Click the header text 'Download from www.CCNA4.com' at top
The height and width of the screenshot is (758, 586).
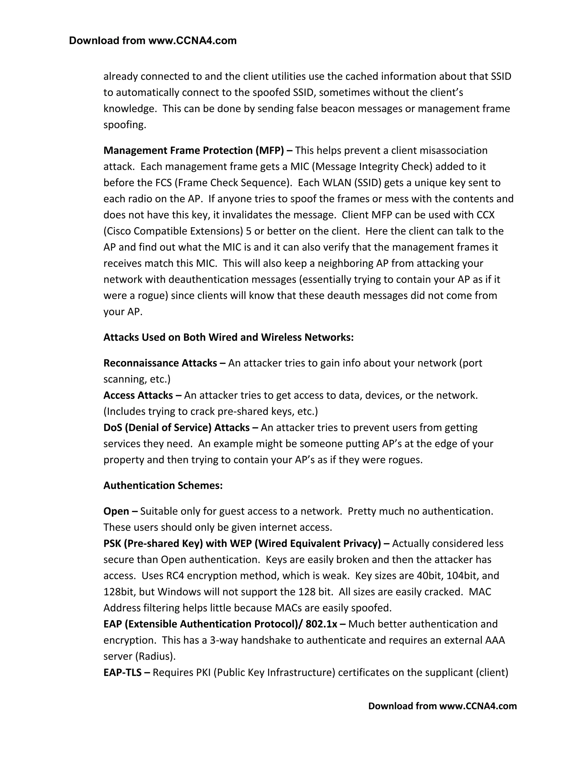[x=153, y=41]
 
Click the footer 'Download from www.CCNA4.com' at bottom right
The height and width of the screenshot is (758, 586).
[x=442, y=706]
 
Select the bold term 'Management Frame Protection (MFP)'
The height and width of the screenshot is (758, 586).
[x=193, y=151]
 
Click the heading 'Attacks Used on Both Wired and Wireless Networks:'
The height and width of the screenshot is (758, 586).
[x=228, y=337]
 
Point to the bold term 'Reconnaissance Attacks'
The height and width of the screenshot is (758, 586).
[x=160, y=363]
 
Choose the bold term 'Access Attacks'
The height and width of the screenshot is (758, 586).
[x=138, y=395]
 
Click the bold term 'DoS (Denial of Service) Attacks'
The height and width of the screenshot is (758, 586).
[x=176, y=428]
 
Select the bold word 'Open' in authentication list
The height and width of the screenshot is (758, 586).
[x=116, y=511]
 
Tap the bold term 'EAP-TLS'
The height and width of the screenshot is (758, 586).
[x=122, y=673]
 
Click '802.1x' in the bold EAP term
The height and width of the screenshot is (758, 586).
[x=321, y=624]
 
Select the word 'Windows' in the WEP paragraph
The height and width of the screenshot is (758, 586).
[x=179, y=592]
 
